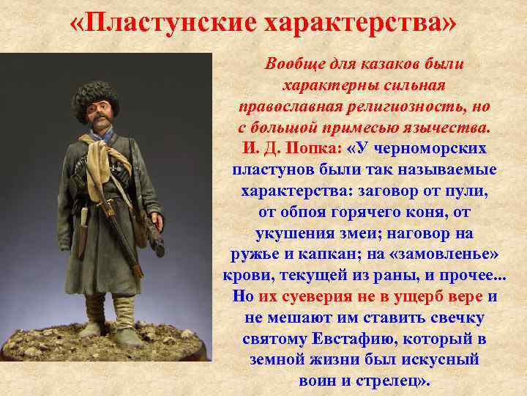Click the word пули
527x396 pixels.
[468, 191]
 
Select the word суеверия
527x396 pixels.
[325, 298]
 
